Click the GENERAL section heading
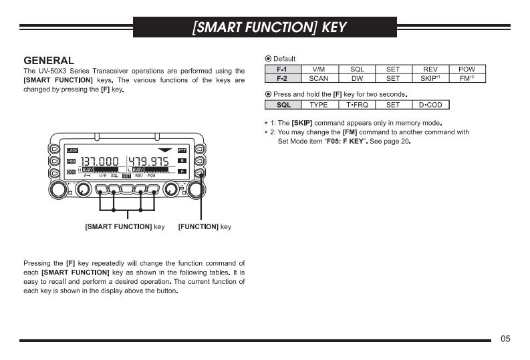pos(48,61)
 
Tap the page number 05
pos(505,339)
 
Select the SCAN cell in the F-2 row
pos(319,78)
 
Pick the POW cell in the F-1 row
pos(467,69)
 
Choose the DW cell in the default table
pos(357,78)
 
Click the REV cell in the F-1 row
pos(430,69)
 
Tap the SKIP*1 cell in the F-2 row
pos(430,78)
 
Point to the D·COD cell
pos(430,105)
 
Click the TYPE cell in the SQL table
pos(319,105)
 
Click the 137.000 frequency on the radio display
pos(100,161)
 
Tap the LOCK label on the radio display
pos(72,150)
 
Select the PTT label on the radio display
pos(182,150)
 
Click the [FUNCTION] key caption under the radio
pos(205,227)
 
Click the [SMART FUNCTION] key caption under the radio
pos(124,227)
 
